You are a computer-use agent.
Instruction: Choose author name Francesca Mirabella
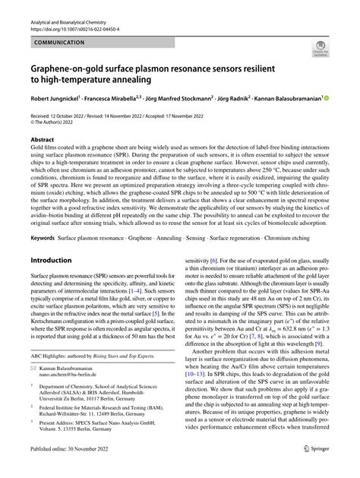click(122, 99)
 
